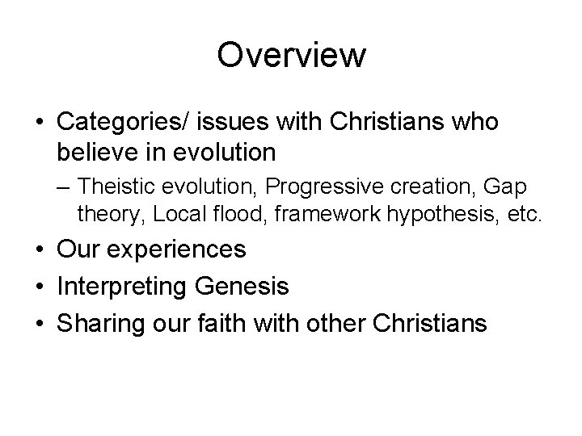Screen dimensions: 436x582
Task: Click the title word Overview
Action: click(x=291, y=55)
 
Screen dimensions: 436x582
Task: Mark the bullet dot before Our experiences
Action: click(x=39, y=250)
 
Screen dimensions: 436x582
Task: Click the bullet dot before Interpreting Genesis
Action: click(x=39, y=287)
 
